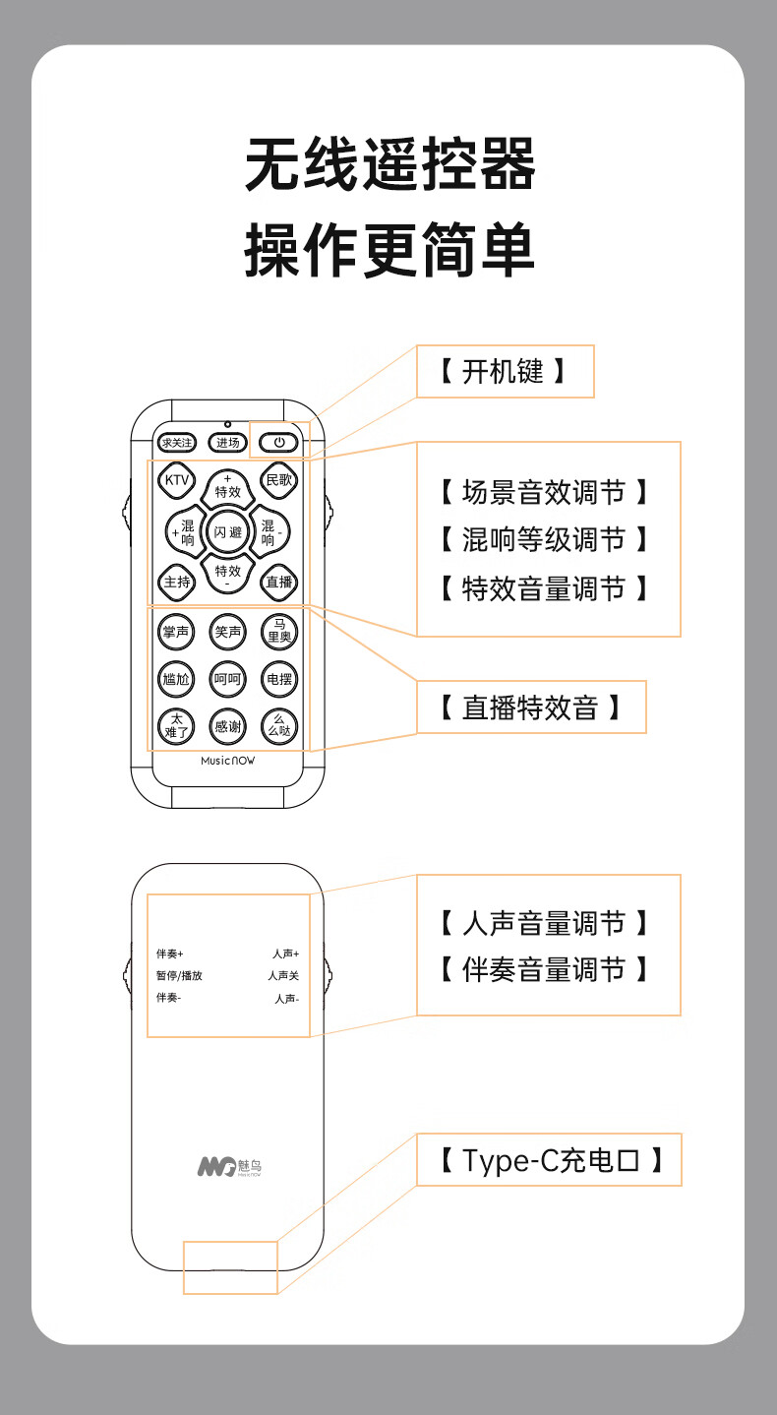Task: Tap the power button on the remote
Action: click(x=278, y=443)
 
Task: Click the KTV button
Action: click(x=177, y=480)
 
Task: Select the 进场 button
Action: click(x=228, y=443)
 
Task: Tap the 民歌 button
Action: click(x=280, y=480)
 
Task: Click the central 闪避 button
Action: click(x=228, y=532)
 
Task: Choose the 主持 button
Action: click(x=177, y=582)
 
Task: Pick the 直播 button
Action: click(x=280, y=582)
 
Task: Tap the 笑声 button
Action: click(x=228, y=632)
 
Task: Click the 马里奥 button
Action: click(x=280, y=632)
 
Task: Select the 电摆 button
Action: click(x=280, y=679)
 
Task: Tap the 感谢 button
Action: click(x=228, y=728)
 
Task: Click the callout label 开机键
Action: click(x=505, y=371)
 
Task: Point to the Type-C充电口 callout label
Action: click(x=548, y=1160)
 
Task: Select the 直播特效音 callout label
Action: click(x=531, y=707)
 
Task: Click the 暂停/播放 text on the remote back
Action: click(x=179, y=976)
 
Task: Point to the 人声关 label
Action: click(x=283, y=976)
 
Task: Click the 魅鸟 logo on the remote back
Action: click(x=229, y=1167)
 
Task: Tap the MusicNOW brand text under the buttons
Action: click(x=227, y=761)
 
